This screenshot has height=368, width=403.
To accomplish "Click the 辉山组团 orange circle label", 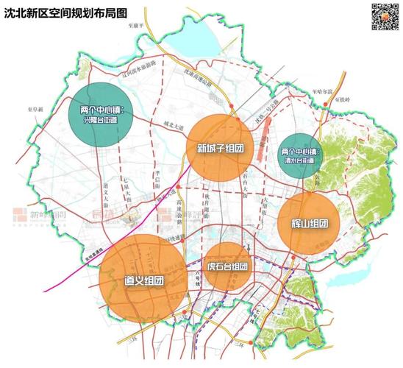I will click(308, 223).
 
